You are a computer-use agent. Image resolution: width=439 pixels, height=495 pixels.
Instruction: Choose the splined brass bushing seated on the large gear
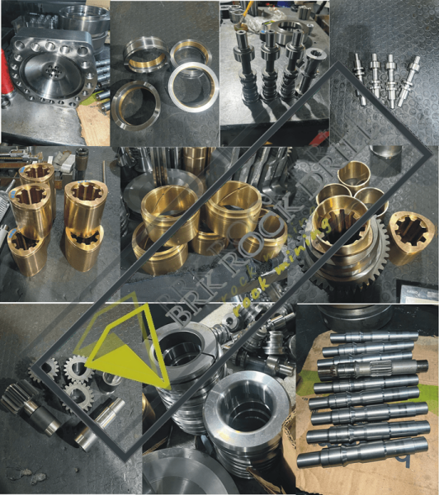(340, 223)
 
